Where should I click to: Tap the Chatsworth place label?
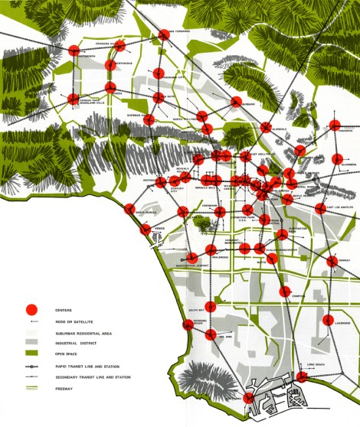click(86, 56)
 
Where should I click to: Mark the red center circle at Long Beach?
click(303, 376)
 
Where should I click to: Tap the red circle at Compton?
click(285, 291)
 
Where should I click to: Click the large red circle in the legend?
click(31, 310)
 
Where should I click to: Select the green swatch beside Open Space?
click(31, 354)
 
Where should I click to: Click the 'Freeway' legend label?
click(65, 389)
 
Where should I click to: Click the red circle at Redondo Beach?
click(188, 325)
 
